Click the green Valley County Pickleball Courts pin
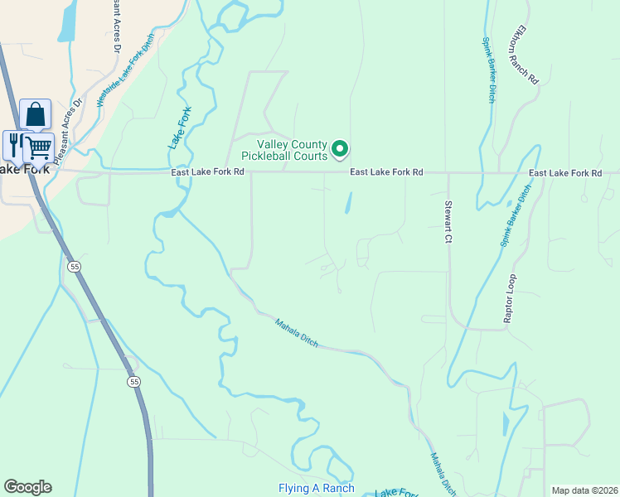click(x=339, y=149)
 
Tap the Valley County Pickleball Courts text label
click(x=283, y=149)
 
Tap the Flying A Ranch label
click(x=317, y=488)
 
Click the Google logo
click(x=27, y=487)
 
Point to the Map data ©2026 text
click(x=584, y=490)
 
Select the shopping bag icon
click(x=36, y=114)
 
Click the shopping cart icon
click(x=38, y=147)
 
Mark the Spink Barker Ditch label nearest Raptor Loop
click(x=515, y=216)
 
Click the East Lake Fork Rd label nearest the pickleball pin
click(x=386, y=172)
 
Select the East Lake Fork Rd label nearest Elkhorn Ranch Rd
click(x=565, y=172)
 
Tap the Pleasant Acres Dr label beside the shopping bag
click(x=69, y=122)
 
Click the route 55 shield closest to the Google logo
click(x=133, y=382)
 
